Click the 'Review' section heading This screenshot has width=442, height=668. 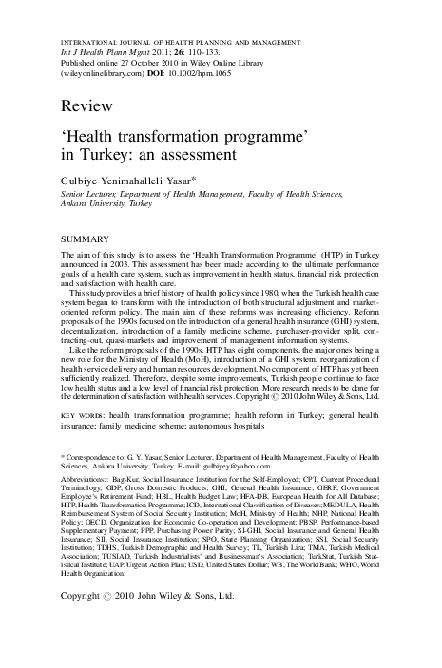click(x=82, y=102)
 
